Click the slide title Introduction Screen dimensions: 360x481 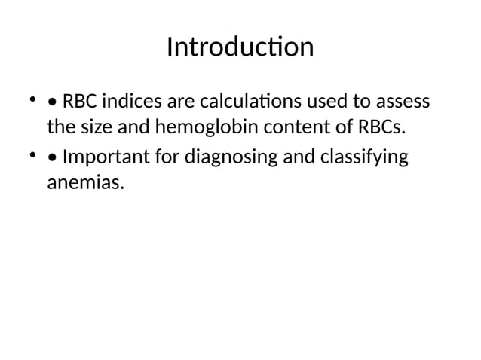[240, 47]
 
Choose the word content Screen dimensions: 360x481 [294, 127]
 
